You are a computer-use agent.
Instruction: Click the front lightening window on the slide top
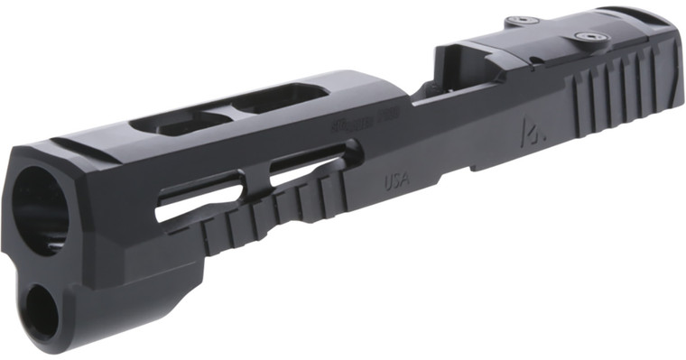171,122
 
